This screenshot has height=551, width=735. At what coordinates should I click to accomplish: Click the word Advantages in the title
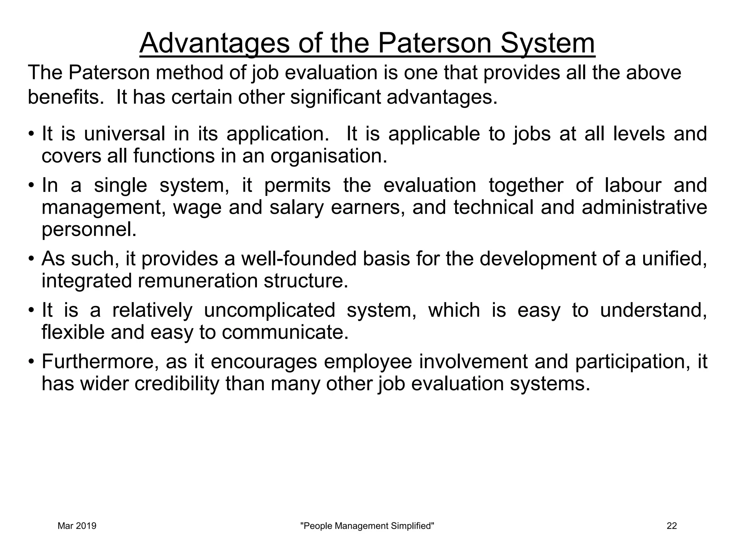(x=214, y=43)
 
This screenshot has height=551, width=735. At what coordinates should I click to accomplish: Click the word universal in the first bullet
(x=125, y=134)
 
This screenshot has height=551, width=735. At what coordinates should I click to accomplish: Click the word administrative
(x=644, y=208)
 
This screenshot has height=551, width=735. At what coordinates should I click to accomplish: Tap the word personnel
(x=89, y=230)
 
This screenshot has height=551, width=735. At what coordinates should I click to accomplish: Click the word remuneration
(x=198, y=281)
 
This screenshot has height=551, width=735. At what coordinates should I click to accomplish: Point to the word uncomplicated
(x=270, y=310)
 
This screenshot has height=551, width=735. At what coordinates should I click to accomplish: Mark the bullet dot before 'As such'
(x=32, y=259)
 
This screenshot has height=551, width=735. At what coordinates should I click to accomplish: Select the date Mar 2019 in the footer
(x=77, y=526)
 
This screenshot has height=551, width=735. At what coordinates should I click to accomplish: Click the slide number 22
(x=672, y=526)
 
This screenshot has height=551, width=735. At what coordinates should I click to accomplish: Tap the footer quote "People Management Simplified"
(x=367, y=526)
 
